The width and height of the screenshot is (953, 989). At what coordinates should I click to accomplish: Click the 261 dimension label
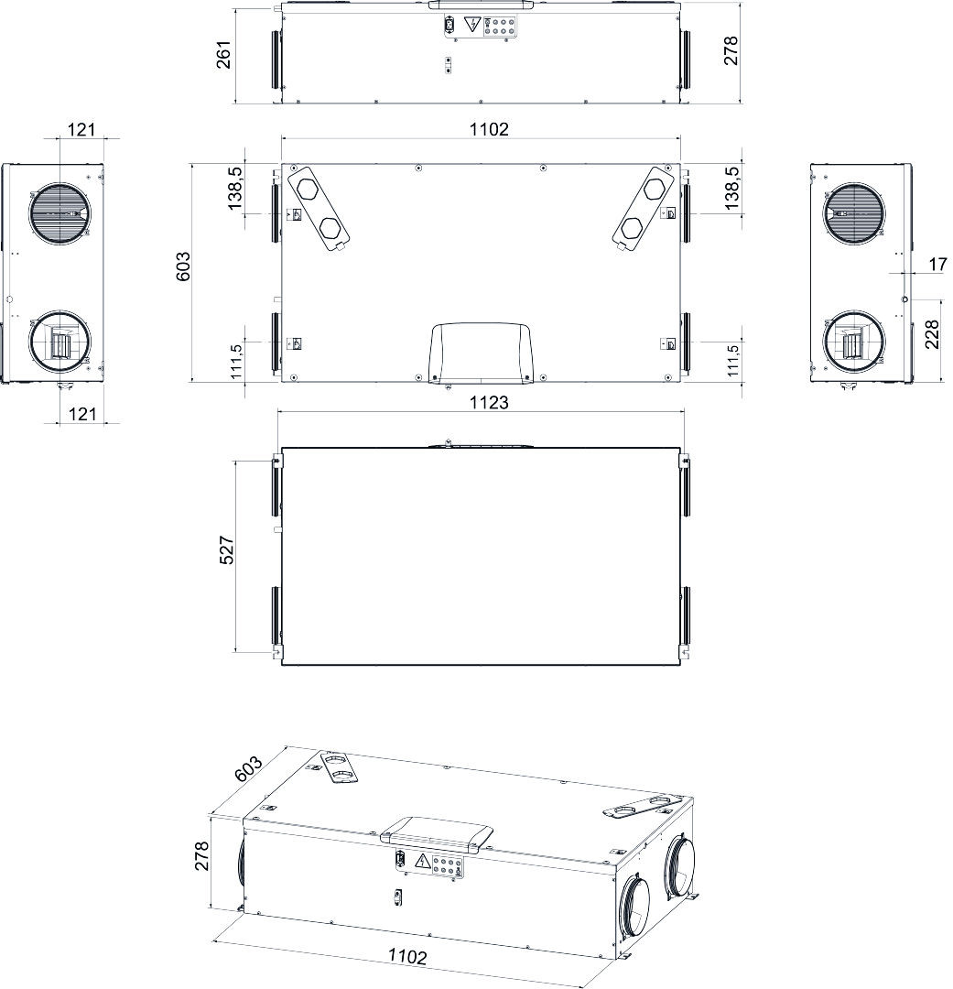[x=225, y=54]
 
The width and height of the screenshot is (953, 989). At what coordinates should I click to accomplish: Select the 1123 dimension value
[x=489, y=402]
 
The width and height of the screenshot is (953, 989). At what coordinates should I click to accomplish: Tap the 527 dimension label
[x=227, y=549]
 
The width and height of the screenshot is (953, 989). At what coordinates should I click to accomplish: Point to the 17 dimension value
[x=937, y=264]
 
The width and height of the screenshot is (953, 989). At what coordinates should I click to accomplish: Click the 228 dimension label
[x=932, y=333]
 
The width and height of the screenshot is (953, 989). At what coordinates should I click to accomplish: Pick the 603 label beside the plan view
[x=183, y=266]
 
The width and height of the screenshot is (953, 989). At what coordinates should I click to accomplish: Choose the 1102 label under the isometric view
[x=406, y=956]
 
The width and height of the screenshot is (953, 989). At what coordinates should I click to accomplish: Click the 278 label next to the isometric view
[x=201, y=856]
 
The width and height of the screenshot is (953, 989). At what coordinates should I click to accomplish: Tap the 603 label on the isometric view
[x=248, y=768]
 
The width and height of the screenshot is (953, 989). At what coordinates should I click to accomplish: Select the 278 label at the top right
[x=731, y=50]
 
